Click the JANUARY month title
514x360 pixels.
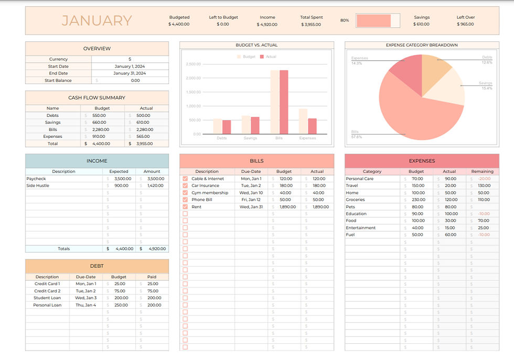pos(97,20)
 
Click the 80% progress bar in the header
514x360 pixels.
pos(378,20)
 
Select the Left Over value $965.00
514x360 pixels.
pos(465,24)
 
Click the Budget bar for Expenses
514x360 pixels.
pos(303,121)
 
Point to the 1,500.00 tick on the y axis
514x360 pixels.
pos(194,92)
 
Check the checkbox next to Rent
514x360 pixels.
pos(185,207)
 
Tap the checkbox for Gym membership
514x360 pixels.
pos(185,193)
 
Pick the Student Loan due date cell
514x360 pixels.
pos(86,298)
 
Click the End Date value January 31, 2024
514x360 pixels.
pos(130,73)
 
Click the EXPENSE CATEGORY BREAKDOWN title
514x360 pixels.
pos(422,45)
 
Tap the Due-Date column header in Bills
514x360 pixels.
pos(251,171)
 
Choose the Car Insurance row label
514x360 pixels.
pos(206,186)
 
